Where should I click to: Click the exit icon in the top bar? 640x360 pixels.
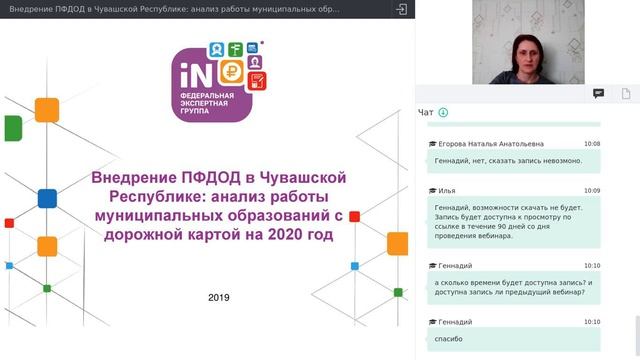coord(401,8)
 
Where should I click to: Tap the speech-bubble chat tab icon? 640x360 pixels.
coord(598,93)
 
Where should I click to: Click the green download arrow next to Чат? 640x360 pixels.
coord(443,112)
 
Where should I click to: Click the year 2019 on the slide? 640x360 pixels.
coord(219,297)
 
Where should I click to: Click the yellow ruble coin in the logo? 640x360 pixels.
coord(233,71)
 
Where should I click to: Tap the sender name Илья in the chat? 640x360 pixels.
coord(447,190)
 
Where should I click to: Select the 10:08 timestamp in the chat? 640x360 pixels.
coord(592,144)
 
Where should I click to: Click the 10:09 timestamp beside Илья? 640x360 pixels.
coord(592,190)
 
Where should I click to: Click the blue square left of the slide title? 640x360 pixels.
coord(47,197)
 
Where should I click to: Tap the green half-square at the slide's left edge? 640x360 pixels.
coord(12,129)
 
